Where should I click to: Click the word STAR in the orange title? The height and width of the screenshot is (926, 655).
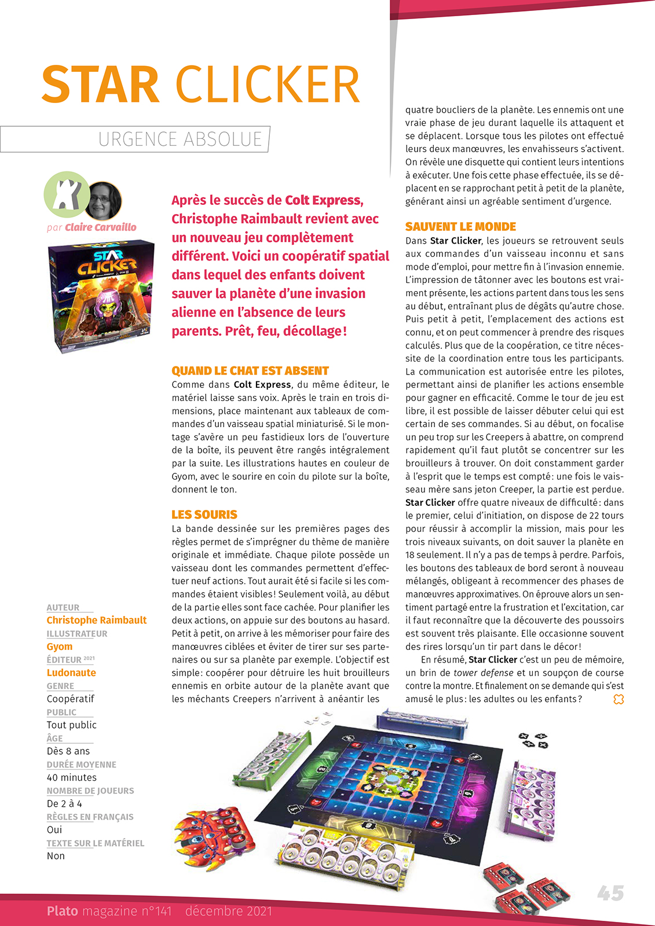tap(100, 84)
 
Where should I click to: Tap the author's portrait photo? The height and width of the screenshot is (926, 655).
tap(105, 200)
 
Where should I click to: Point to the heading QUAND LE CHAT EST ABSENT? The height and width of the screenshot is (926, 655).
tap(250, 371)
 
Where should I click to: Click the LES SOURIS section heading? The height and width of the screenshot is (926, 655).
tap(204, 515)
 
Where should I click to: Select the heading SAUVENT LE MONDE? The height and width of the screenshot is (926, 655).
tap(460, 227)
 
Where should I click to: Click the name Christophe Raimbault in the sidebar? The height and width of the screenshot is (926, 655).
tap(97, 620)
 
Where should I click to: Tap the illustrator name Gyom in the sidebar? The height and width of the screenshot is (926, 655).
tap(60, 646)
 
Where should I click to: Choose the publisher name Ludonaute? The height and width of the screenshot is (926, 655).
tap(71, 673)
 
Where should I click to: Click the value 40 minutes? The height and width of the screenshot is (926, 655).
tap(72, 778)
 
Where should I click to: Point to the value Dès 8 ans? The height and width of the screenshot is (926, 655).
tap(68, 751)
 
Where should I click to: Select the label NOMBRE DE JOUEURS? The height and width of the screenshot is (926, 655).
tap(90, 791)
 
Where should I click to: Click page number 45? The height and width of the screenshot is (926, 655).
tap(610, 893)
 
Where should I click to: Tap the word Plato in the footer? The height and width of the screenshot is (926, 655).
tap(63, 911)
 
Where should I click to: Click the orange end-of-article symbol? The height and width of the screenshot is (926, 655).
tap(619, 700)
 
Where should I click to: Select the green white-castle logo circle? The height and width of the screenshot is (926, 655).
tap(67, 195)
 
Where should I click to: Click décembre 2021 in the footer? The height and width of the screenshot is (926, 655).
tap(229, 911)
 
